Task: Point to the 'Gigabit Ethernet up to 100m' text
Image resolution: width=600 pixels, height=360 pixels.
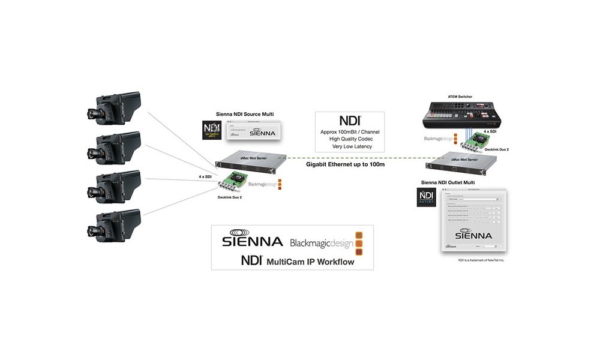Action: pos(341,163)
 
